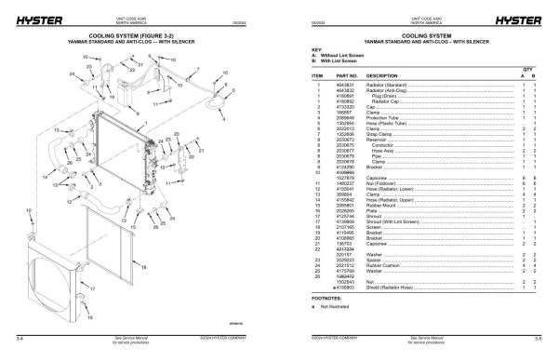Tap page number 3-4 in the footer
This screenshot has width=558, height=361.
point(8,350)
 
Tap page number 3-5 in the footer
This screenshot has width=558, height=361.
point(548,350)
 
